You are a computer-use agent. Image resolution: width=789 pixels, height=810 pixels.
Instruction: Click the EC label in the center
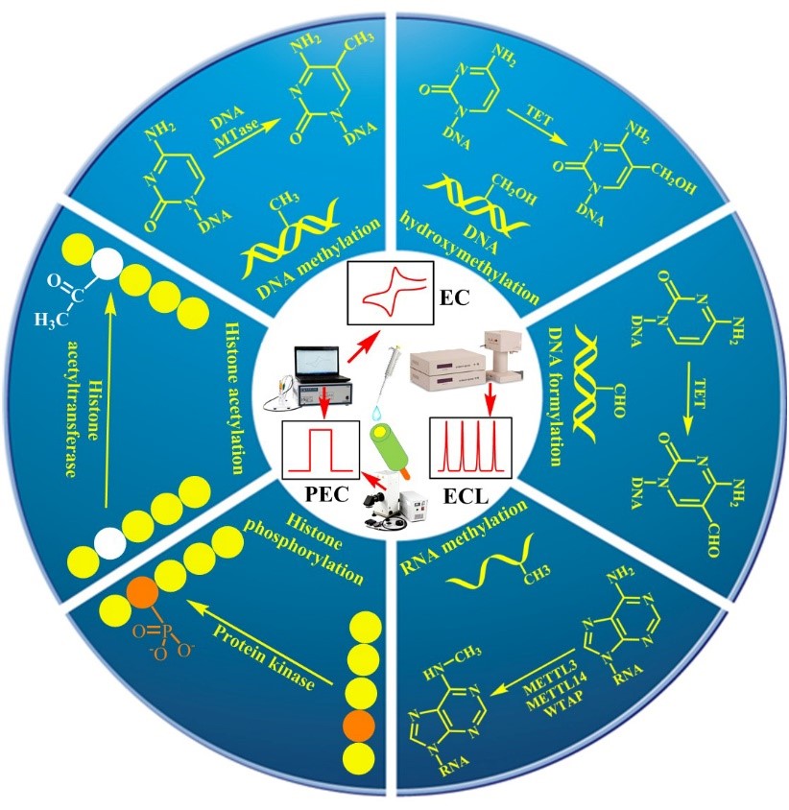(x=454, y=298)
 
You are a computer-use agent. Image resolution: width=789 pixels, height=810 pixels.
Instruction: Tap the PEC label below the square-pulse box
(x=327, y=494)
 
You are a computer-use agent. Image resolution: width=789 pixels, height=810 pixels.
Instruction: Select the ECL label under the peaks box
(x=466, y=496)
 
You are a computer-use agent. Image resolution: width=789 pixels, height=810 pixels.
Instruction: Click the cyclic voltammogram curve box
(x=390, y=291)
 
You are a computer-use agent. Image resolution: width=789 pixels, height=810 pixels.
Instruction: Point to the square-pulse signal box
(x=321, y=449)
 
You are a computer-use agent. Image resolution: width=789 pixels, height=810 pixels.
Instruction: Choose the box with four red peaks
(x=470, y=447)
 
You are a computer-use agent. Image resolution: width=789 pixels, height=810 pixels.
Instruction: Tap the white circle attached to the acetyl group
(x=108, y=264)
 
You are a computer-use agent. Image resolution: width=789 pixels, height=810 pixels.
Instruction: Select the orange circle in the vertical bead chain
(x=359, y=725)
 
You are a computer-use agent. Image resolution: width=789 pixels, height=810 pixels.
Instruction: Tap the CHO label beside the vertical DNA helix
(x=618, y=401)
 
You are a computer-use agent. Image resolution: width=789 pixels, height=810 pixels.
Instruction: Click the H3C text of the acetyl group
(x=51, y=321)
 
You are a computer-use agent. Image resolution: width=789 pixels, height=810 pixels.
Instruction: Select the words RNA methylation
(x=464, y=537)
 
